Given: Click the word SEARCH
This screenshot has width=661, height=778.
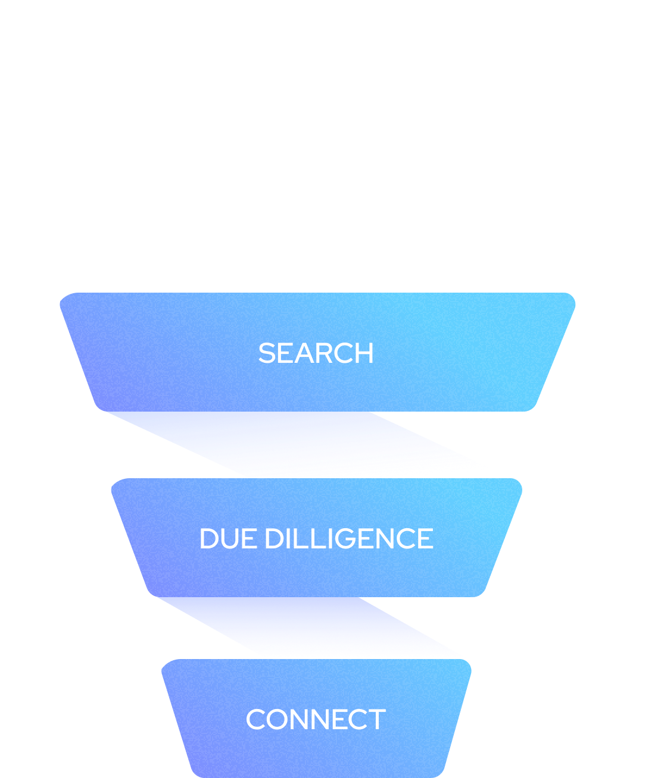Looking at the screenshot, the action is pyautogui.click(x=316, y=353).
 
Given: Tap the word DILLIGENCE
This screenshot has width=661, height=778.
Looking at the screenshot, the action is pyautogui.click(x=349, y=539).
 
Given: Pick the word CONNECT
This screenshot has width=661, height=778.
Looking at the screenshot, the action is pyautogui.click(x=316, y=719).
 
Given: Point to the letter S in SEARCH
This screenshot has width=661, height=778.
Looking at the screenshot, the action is pyautogui.click(x=267, y=353).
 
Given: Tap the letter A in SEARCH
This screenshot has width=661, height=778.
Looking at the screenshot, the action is pyautogui.click(x=304, y=353).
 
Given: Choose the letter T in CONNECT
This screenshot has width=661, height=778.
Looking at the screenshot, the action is pyautogui.click(x=377, y=719).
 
